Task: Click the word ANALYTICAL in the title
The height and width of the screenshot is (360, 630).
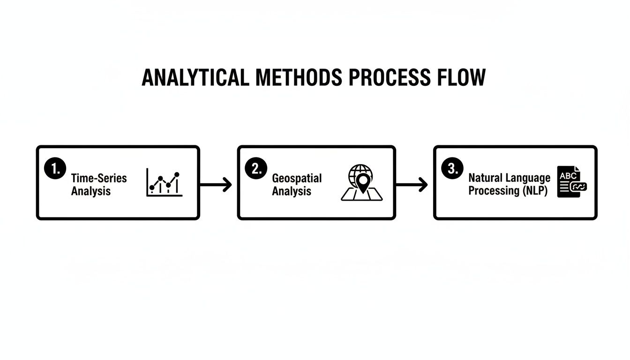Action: click(x=195, y=77)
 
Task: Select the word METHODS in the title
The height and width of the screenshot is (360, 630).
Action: click(x=299, y=77)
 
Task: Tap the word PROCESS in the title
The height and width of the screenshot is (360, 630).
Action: click(x=390, y=77)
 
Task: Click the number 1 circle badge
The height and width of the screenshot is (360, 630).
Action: click(x=55, y=168)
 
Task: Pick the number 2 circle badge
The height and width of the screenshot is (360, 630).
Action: click(x=256, y=168)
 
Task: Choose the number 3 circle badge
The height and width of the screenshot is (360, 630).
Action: click(x=452, y=168)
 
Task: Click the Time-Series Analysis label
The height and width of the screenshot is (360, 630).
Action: click(x=99, y=185)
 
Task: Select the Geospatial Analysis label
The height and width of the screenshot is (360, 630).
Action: click(x=297, y=185)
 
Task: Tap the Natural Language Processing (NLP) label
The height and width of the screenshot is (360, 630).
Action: click(x=510, y=184)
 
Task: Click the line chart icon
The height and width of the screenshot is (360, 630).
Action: click(x=164, y=182)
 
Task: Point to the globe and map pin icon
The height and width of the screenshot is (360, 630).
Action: click(x=362, y=182)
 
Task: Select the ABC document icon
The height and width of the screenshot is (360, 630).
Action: click(x=572, y=182)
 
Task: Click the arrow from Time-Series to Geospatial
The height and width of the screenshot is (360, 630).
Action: click(x=216, y=185)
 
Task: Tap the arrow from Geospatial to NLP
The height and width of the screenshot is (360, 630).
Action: click(x=412, y=185)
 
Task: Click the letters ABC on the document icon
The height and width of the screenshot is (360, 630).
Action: click(x=568, y=176)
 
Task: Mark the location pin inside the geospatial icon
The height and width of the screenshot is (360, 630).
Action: click(x=363, y=182)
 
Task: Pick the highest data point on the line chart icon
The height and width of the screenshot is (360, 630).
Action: click(x=177, y=175)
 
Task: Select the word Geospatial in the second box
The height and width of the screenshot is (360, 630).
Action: click(x=297, y=179)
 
